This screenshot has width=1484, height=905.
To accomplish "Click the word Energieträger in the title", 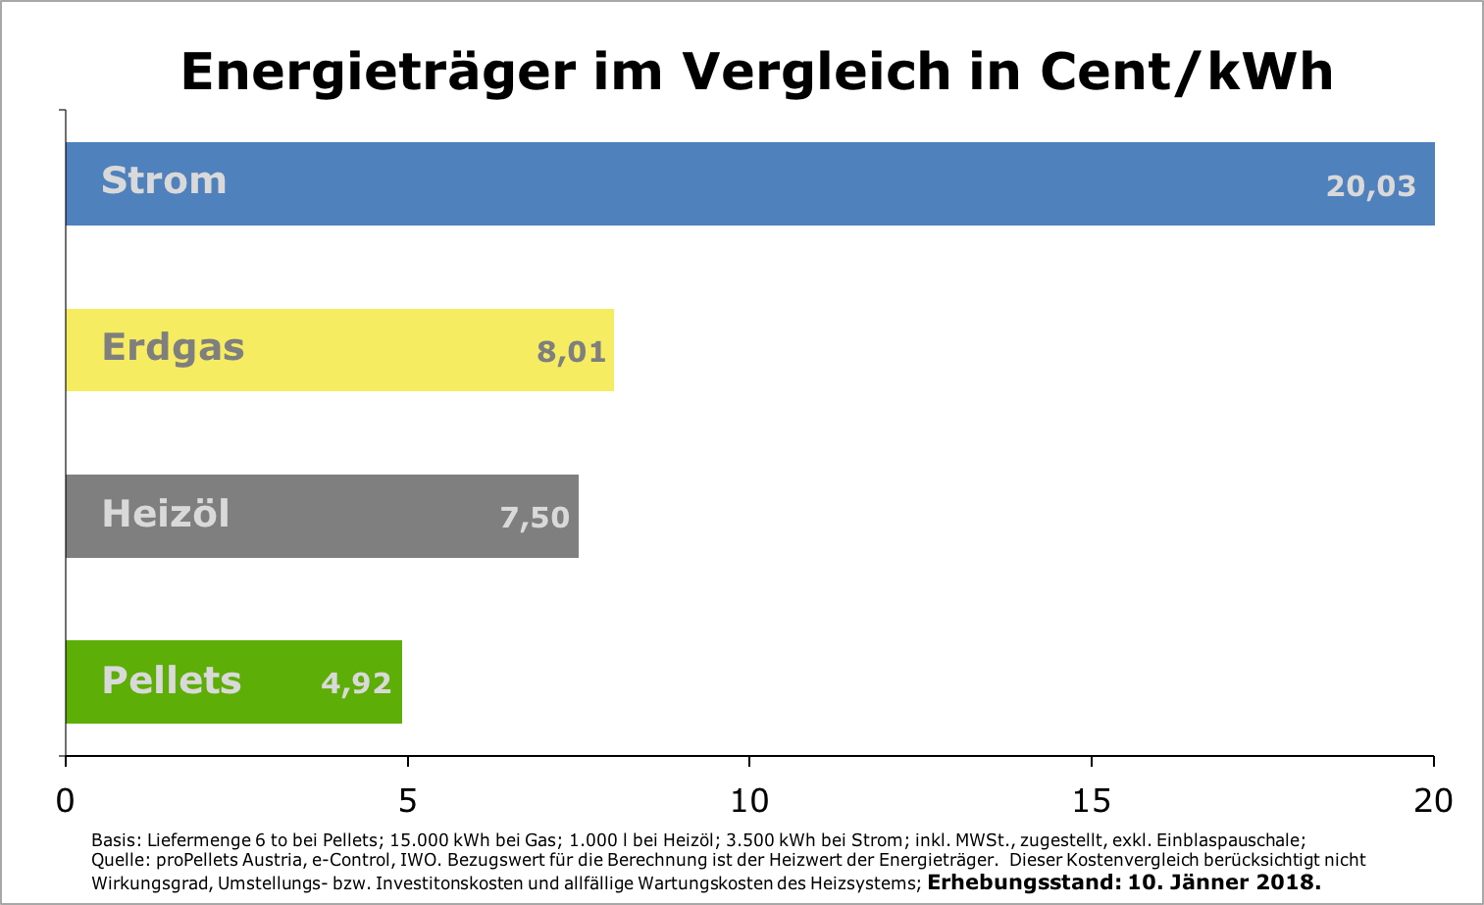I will point(377,72).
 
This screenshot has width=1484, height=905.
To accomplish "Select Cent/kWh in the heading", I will point(1186,72).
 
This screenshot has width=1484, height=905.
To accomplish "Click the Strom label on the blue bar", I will point(164,181).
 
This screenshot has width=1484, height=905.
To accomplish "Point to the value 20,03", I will point(1370,186).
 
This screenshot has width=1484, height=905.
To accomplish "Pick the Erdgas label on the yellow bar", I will point(173,348).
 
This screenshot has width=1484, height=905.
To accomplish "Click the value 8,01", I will point(571,352).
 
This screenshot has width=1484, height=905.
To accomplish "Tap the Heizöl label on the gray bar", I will point(166,514).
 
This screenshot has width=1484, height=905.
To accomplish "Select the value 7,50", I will point(535,518).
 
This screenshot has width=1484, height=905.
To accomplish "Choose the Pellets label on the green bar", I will point(172,680).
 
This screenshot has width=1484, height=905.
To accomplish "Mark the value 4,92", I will point(356,683).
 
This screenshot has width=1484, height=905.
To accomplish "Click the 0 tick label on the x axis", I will point(65,801).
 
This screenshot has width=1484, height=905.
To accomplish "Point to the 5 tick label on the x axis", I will point(407,801).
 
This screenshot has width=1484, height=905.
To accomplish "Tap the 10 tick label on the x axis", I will point(749,801).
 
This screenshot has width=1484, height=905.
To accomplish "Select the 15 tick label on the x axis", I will point(1092,801).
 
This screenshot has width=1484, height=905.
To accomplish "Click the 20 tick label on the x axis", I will point(1433,801).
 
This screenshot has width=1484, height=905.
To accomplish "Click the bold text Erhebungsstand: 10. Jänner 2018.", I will point(1124,881).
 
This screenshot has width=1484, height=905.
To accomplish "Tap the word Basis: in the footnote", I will point(116,840).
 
